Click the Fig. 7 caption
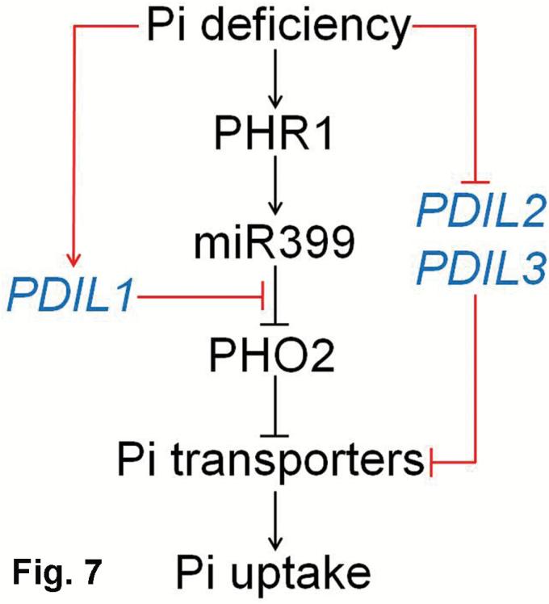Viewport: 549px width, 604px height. [x=57, y=574]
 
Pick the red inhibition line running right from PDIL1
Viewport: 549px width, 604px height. [x=202, y=298]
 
